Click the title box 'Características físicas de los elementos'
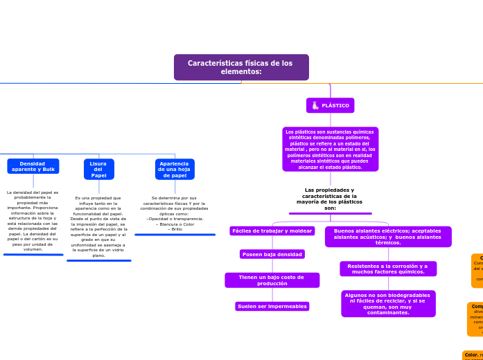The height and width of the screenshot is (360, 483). click(241, 67)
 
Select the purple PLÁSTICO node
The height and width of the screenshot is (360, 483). click(330, 105)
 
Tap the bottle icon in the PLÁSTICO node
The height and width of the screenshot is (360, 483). click(315, 105)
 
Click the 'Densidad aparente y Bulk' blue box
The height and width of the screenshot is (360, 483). click(33, 166)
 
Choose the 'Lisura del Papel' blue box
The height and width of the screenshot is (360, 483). click(98, 169)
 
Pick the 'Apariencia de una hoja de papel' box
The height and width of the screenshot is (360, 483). click(175, 169)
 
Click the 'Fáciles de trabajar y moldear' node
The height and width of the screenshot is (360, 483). click(272, 231)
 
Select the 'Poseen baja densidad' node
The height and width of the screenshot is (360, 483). click(272, 254)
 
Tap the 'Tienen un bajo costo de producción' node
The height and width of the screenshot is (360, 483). click(272, 280)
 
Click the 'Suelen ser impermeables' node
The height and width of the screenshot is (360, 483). click(272, 306)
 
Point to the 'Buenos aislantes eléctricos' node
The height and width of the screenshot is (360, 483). click(388, 237)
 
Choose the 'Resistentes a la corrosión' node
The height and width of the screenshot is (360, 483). click(388, 269)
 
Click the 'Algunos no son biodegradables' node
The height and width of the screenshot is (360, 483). click(388, 303)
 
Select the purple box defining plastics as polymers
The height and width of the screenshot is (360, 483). click(331, 149)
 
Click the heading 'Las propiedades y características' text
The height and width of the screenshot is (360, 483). click(330, 199)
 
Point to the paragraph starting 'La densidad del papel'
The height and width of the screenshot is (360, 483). click(33, 221)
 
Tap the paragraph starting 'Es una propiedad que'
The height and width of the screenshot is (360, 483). click(98, 226)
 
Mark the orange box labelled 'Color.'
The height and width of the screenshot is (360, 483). click(473, 354)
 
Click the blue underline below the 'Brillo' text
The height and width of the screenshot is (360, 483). click(175, 235)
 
